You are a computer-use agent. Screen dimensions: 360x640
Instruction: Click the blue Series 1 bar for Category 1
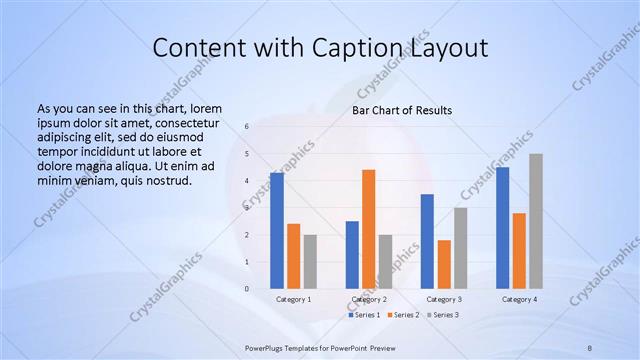[x=277, y=231]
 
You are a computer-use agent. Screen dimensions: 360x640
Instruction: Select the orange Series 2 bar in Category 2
[x=369, y=229]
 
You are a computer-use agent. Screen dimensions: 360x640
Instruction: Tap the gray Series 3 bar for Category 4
[x=536, y=221]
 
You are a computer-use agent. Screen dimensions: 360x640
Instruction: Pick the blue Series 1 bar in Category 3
[x=427, y=241]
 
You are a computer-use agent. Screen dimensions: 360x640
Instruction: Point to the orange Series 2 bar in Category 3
[x=444, y=264]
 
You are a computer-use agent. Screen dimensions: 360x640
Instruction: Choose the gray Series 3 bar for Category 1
[x=311, y=262]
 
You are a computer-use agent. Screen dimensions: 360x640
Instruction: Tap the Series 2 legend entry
[x=404, y=315]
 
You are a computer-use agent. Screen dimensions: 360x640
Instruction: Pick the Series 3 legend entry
[x=443, y=315]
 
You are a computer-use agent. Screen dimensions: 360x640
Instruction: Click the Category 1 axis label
[x=294, y=299]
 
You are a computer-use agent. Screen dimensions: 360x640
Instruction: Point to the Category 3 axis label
[x=444, y=299]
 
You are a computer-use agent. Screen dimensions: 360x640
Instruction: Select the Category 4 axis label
[x=519, y=299]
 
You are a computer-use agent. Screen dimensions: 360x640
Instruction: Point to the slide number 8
[x=590, y=346]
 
